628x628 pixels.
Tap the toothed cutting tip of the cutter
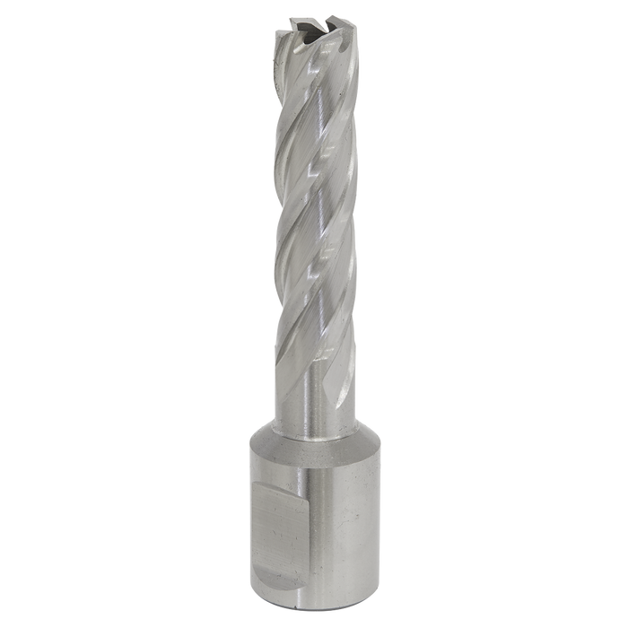(x=313, y=31)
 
